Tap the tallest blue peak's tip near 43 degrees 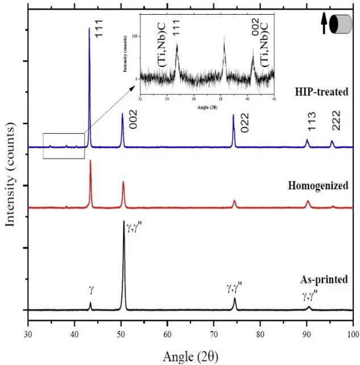[x=89, y=28]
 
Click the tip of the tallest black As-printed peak [x=124, y=221]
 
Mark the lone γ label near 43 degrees [x=91, y=289]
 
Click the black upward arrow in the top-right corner [x=324, y=24]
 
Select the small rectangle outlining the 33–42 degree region [x=64, y=146]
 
